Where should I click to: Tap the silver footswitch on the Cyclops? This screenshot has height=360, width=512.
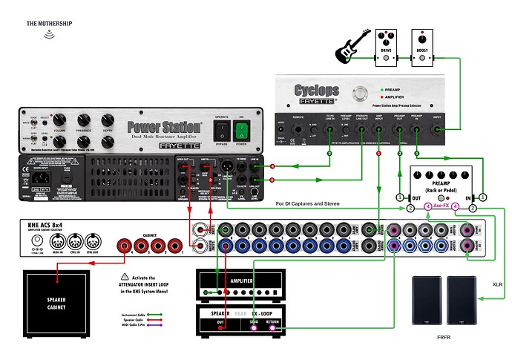point(361,94)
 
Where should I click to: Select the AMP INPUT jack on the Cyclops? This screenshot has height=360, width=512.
point(378,131)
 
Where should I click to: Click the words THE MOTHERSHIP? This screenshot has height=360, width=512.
point(49,24)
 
